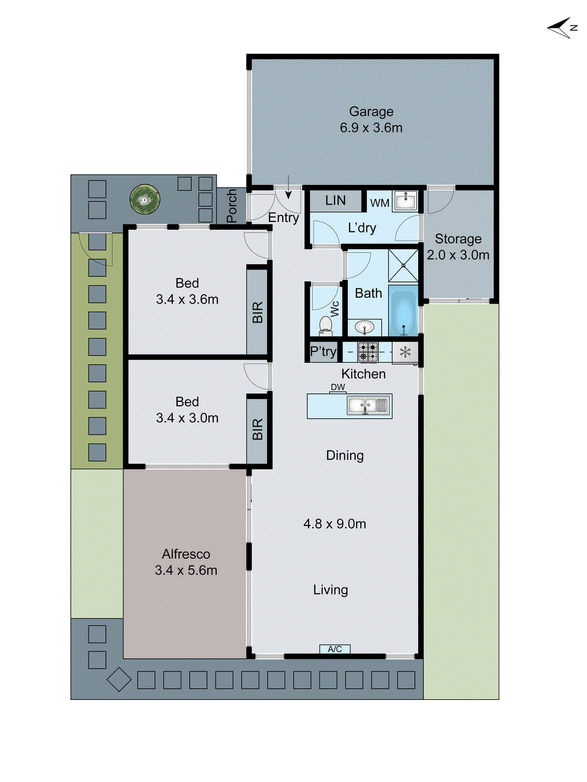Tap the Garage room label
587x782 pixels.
coord(371,112)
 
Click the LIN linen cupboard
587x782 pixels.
coord(336,200)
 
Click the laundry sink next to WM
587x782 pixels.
coord(406,201)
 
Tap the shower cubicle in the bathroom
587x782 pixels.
coord(404,265)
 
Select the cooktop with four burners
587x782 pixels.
coord(368,352)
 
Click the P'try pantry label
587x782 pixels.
coord(323,352)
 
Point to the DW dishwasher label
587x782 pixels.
coord(338,387)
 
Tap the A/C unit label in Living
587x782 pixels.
coord(335,649)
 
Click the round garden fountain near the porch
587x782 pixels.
coord(145,199)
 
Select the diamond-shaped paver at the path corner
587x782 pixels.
coord(119,679)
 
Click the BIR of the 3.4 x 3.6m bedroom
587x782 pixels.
coord(257,312)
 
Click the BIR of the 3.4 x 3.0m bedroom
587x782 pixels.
coord(257,429)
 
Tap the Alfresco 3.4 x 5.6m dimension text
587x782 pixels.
coord(186,570)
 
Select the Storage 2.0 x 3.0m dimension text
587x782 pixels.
coord(458,255)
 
